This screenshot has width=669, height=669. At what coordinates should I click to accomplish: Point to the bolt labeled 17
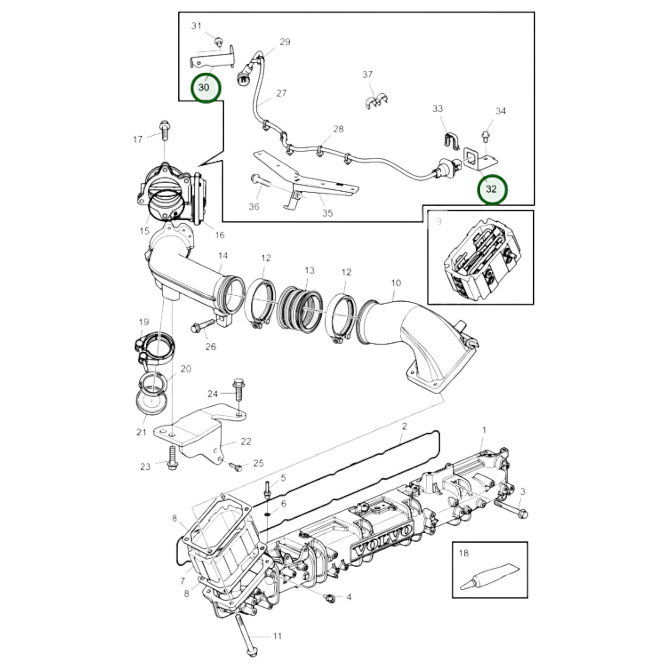164,129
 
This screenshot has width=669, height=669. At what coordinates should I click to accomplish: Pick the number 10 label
395,283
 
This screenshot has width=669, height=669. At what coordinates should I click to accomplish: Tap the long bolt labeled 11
245,634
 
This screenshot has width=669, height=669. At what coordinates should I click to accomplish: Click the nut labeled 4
330,598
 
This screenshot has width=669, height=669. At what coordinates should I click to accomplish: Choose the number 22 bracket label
246,441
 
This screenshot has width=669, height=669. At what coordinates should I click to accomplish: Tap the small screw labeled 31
219,44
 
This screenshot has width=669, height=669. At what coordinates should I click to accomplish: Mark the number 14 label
223,255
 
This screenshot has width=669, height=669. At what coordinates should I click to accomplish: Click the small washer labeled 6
268,514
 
